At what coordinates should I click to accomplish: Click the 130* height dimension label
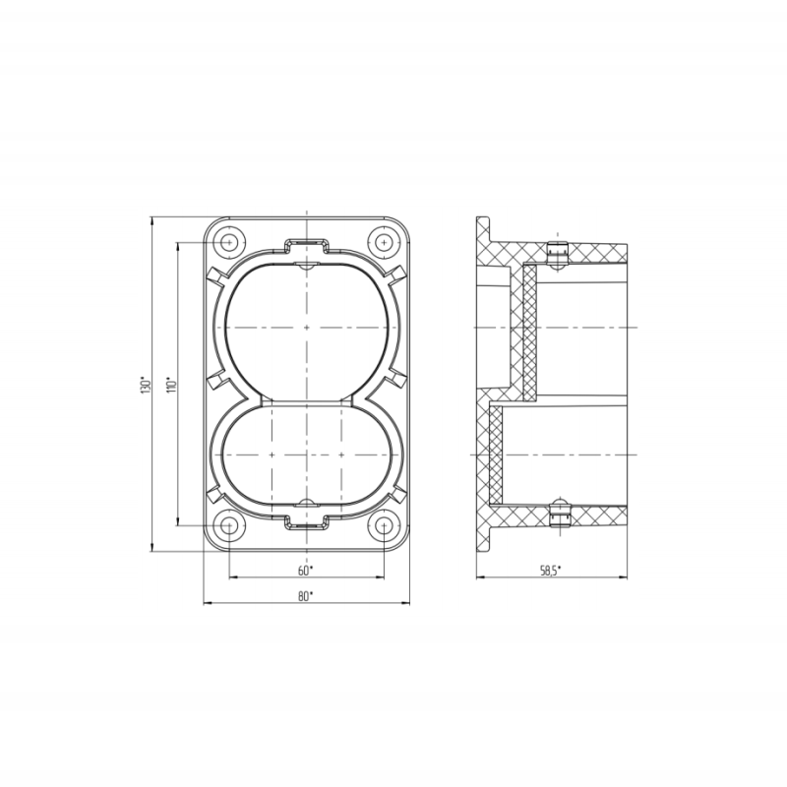[146, 385]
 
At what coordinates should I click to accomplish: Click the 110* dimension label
[172, 385]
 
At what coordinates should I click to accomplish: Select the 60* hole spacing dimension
[305, 571]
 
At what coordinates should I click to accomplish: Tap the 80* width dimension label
[305, 596]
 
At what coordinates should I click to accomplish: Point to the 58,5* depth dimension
[551, 571]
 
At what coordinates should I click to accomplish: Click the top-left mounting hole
[229, 242]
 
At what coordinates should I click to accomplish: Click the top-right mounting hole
[384, 242]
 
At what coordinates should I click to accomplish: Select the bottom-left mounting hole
[229, 525]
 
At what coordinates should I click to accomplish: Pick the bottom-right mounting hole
[384, 525]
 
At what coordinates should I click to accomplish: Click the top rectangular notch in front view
[306, 245]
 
